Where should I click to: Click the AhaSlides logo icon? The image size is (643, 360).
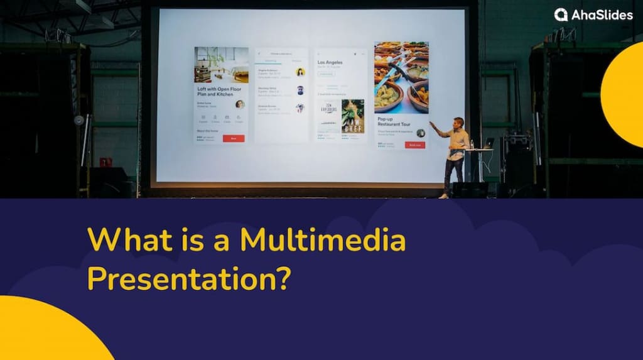pyautogui.click(x=561, y=14)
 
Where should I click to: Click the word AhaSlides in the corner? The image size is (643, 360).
pyautogui.click(x=602, y=15)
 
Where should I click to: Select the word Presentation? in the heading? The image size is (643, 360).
pyautogui.click(x=189, y=276)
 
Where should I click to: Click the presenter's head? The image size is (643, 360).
pyautogui.click(x=459, y=122)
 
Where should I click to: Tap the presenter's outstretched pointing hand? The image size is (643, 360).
pyautogui.click(x=431, y=123)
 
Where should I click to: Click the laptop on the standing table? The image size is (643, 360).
pyautogui.click(x=489, y=143)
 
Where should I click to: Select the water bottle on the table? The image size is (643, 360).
pyautogui.click(x=472, y=145)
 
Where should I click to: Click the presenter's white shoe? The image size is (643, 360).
pyautogui.click(x=444, y=196)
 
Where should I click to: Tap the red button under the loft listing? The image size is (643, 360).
pyautogui.click(x=234, y=138)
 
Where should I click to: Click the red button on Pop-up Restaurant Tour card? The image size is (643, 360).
pyautogui.click(x=414, y=145)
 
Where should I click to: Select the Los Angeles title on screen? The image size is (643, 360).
pyautogui.click(x=330, y=63)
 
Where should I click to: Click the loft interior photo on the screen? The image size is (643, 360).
pyautogui.click(x=221, y=65)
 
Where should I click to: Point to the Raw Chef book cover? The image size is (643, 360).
pyautogui.click(x=353, y=116)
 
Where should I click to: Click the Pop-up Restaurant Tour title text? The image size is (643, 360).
pyautogui.click(x=395, y=121)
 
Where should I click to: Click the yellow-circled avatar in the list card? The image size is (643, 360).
pyautogui.click(x=300, y=72)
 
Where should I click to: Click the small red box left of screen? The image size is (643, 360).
pyautogui.click(x=105, y=162)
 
